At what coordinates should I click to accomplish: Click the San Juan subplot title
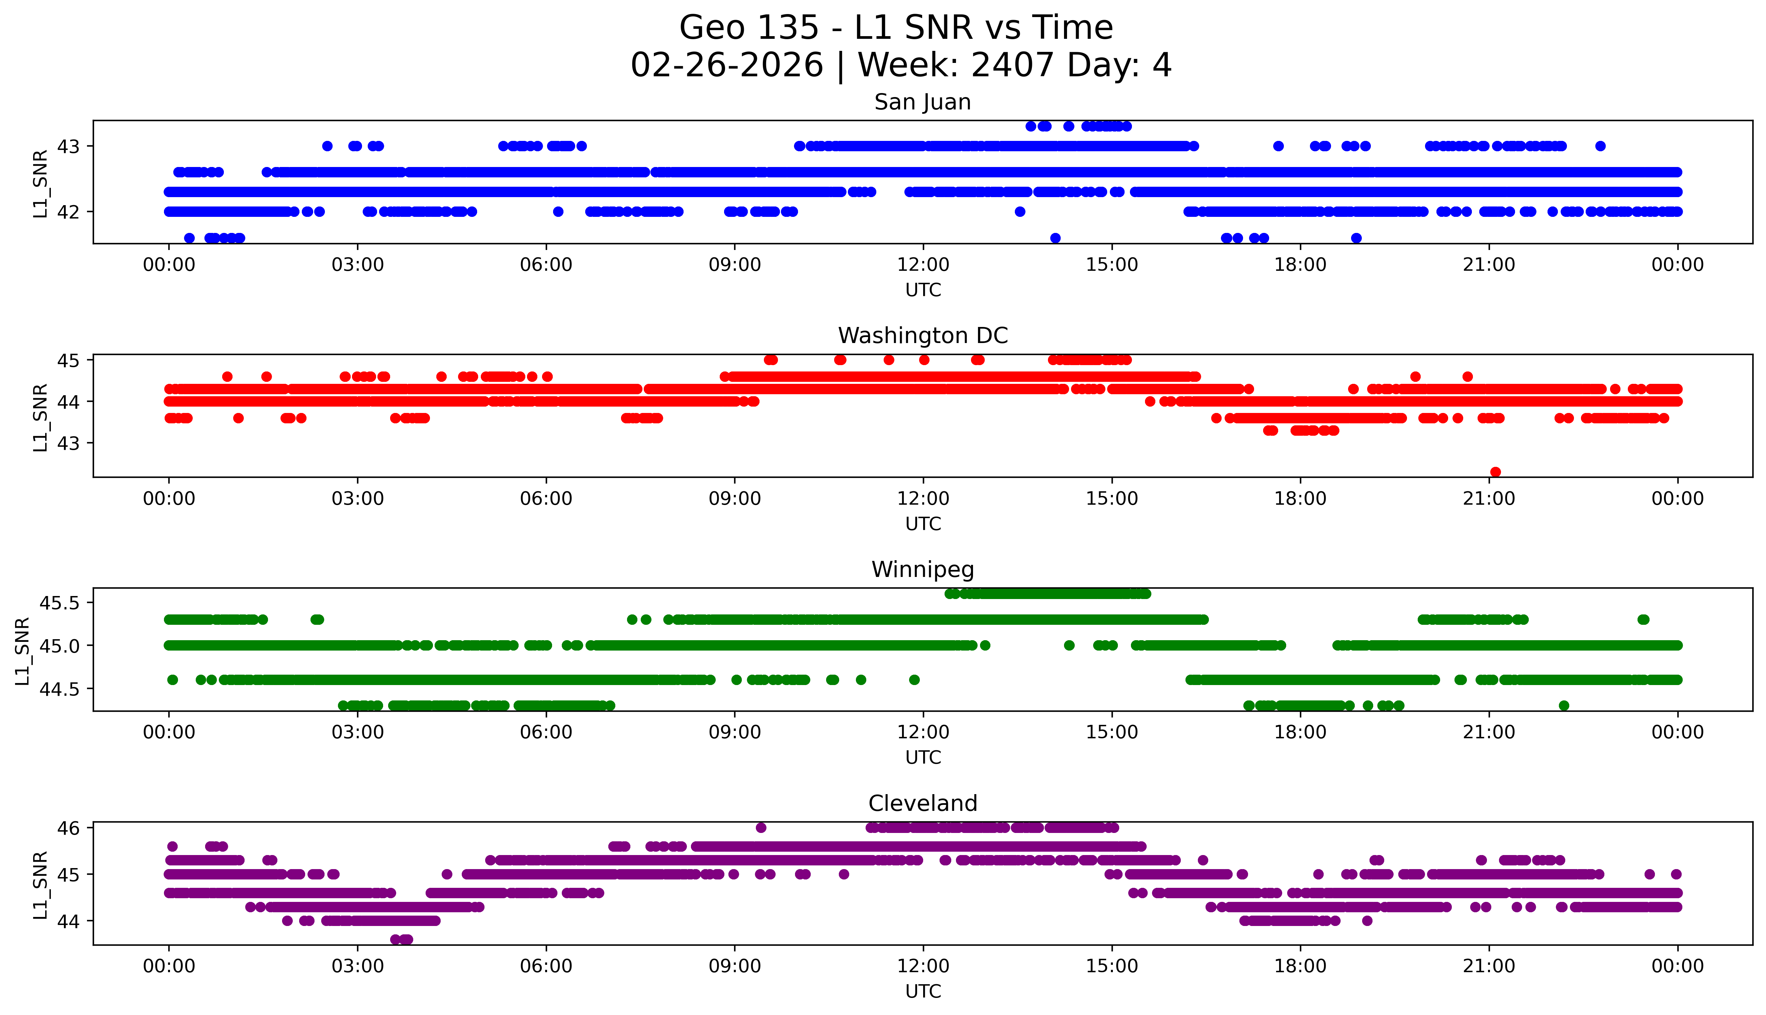point(922,102)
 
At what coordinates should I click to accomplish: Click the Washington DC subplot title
point(922,336)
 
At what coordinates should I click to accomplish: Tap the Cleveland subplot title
point(922,804)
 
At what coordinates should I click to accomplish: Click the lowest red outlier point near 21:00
point(1495,472)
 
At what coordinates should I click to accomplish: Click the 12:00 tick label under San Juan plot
point(923,265)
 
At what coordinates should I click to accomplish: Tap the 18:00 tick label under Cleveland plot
point(1300,966)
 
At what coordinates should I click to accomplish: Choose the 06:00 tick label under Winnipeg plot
point(546,733)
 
